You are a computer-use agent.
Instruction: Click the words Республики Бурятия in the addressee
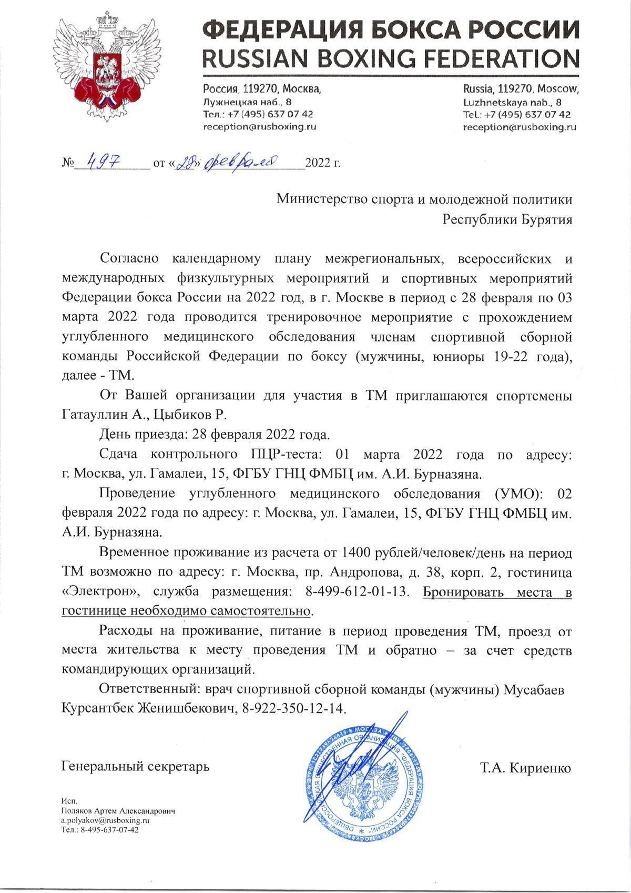[507, 219]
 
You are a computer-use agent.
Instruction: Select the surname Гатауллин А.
[97, 415]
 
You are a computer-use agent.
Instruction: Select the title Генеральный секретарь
[136, 766]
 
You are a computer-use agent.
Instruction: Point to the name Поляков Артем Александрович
[118, 811]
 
